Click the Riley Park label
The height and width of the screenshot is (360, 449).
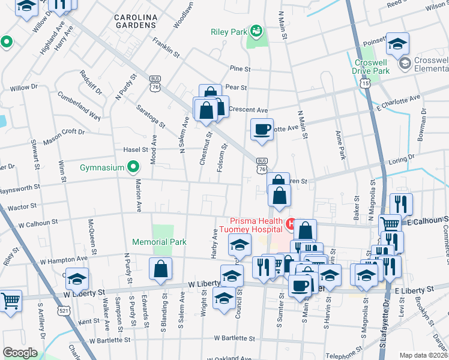tap(229, 32)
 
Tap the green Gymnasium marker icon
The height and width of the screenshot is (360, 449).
tap(134, 167)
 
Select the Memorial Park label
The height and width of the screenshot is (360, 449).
tap(159, 242)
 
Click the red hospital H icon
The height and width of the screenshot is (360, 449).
tap(290, 224)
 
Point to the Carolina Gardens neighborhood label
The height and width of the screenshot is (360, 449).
tap(136, 22)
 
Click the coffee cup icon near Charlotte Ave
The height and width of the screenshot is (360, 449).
tap(262, 128)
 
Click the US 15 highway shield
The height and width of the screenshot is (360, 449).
tap(364, 83)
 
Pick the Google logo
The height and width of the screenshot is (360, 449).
tap(20, 353)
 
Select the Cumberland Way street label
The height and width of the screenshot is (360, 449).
tap(79, 106)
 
